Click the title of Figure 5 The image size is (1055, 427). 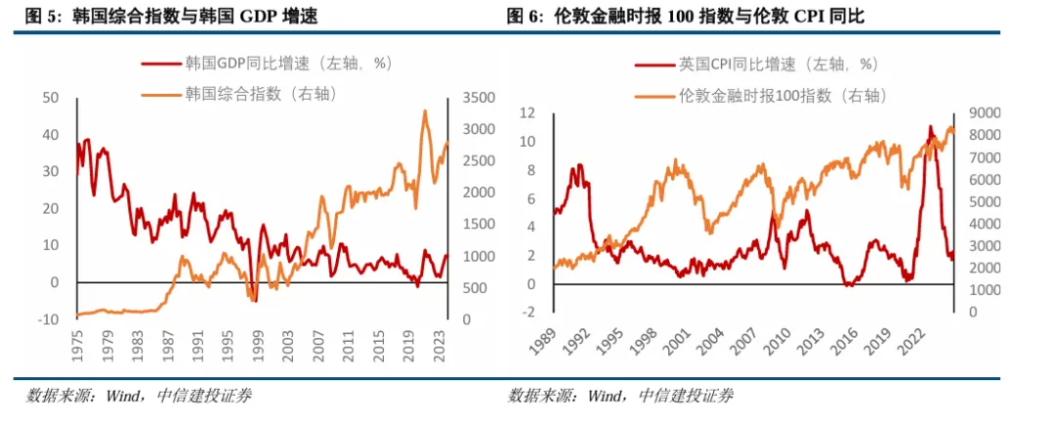(x=170, y=18)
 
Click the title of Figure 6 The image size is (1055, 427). (x=685, y=18)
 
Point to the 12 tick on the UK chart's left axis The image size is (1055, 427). (x=527, y=113)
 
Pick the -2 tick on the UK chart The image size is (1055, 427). (x=528, y=313)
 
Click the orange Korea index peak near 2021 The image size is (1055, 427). (x=425, y=111)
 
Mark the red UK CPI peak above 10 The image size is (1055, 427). (x=930, y=126)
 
